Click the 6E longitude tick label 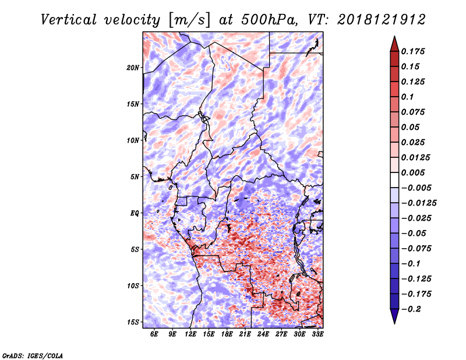click(154, 334)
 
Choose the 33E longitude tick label click(317, 334)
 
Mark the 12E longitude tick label click(190, 334)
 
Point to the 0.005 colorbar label click(416, 172)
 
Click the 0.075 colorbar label click(416, 112)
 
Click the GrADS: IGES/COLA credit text click(33, 355)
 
